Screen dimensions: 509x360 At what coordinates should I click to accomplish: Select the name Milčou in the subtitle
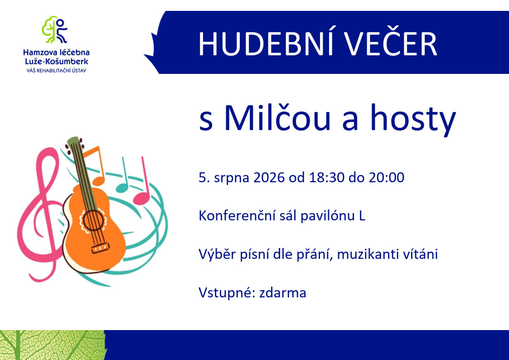277,117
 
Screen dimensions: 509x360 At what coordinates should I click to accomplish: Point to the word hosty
413,119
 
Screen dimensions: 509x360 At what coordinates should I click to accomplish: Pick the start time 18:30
326,178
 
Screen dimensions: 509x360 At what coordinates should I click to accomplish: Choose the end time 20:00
386,178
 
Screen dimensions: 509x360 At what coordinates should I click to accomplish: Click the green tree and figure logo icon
54,29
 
